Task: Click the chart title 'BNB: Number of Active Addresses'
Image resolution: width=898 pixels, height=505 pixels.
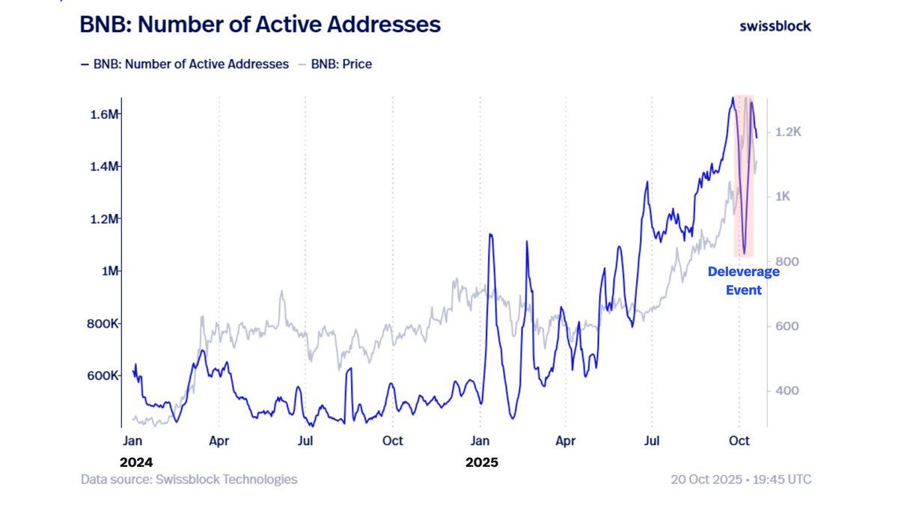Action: click(x=260, y=25)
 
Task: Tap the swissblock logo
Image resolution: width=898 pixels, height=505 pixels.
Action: click(x=775, y=25)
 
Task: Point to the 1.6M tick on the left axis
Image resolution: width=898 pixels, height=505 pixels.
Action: click(x=104, y=114)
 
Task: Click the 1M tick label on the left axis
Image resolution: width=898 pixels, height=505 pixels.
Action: click(x=109, y=271)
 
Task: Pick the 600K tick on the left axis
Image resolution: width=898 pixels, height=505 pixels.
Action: click(x=103, y=376)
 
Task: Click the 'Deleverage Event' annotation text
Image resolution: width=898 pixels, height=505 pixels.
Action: click(x=743, y=281)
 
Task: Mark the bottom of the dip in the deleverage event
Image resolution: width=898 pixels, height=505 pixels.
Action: click(x=744, y=253)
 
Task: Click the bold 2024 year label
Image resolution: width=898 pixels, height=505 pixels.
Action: click(x=136, y=462)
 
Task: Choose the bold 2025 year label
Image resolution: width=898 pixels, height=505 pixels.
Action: click(x=481, y=462)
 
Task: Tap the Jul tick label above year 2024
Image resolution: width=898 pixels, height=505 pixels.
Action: click(x=305, y=441)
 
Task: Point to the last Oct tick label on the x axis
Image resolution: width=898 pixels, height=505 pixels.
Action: click(x=739, y=441)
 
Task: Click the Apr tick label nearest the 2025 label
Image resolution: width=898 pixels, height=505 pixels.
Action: click(x=566, y=441)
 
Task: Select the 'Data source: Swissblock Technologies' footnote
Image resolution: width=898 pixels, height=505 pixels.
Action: click(x=189, y=480)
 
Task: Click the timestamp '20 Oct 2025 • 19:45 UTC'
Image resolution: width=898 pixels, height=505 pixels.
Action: click(x=741, y=480)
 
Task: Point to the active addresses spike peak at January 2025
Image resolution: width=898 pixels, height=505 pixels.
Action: click(x=490, y=235)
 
